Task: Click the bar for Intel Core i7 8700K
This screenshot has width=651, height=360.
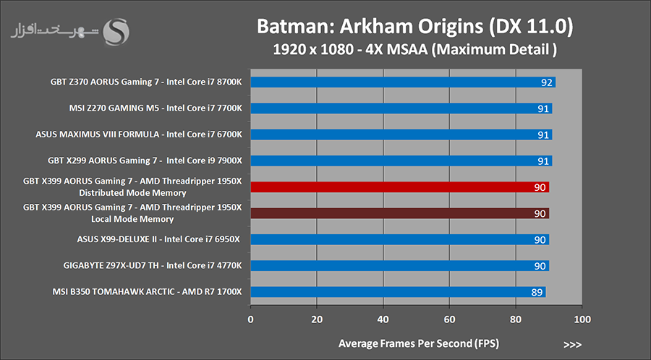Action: point(402,82)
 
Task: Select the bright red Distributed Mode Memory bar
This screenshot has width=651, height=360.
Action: point(399,187)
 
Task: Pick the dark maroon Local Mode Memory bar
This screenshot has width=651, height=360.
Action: point(399,213)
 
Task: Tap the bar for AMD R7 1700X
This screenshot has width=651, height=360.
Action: point(398,292)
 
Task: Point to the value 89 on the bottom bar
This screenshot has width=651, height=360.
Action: point(537,292)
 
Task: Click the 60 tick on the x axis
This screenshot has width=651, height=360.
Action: point(449,318)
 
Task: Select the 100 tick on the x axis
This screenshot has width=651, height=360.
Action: point(582,318)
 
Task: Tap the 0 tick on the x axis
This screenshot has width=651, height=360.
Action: point(250,318)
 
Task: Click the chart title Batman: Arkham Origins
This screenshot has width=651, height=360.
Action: point(415,27)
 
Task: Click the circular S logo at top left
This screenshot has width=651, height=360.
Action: point(117,30)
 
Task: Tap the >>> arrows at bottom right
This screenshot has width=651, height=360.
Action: point(571,344)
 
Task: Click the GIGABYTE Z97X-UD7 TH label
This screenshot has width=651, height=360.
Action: point(153,265)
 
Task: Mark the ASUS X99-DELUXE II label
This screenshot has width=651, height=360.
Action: point(159,239)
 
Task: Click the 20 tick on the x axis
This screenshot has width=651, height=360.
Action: point(317,318)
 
